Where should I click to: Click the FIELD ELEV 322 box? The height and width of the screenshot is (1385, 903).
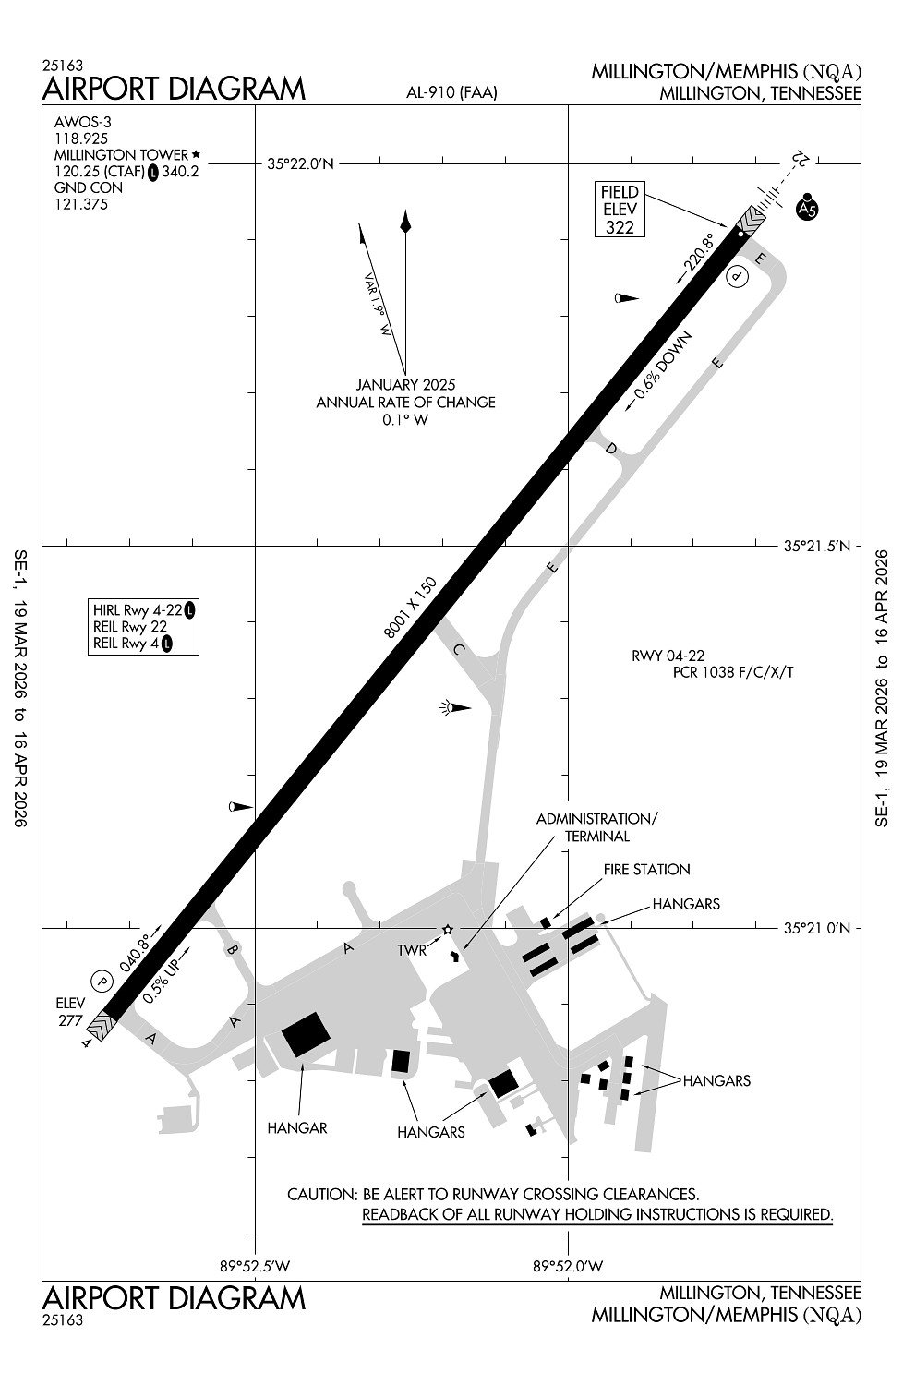620,209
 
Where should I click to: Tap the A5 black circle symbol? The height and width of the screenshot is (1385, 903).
807,209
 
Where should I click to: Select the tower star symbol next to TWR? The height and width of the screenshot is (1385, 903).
447,929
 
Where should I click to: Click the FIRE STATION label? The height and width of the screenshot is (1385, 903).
646,870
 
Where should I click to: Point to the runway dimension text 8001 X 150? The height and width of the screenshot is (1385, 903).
410,608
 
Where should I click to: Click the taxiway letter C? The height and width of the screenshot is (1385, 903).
459,649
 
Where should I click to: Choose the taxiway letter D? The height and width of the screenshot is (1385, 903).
610,448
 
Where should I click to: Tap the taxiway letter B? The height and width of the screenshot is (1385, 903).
232,949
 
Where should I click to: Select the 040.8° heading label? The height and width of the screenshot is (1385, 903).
135,953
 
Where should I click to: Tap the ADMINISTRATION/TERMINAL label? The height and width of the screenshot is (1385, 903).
596,827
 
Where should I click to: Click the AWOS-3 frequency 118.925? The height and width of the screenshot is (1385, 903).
81,138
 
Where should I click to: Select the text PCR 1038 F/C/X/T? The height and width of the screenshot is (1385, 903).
733,672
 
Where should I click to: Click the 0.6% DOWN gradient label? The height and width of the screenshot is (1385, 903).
662,365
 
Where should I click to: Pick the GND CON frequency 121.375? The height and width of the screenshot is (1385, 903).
81,205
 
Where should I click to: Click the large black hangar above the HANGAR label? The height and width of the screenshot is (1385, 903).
306,1034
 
